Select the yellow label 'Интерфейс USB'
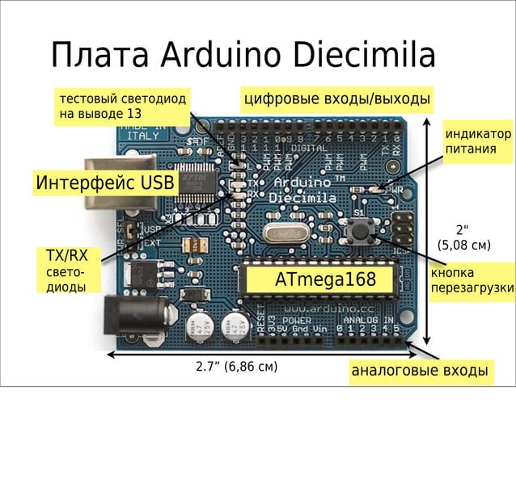104,183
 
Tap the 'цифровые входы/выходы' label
336,100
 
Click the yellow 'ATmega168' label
325,280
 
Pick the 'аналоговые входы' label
419,371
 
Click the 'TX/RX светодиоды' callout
67,271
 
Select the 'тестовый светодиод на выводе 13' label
122,106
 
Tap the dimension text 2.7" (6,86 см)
237,367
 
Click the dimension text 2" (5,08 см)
463,237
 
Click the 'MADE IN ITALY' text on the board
143,131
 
